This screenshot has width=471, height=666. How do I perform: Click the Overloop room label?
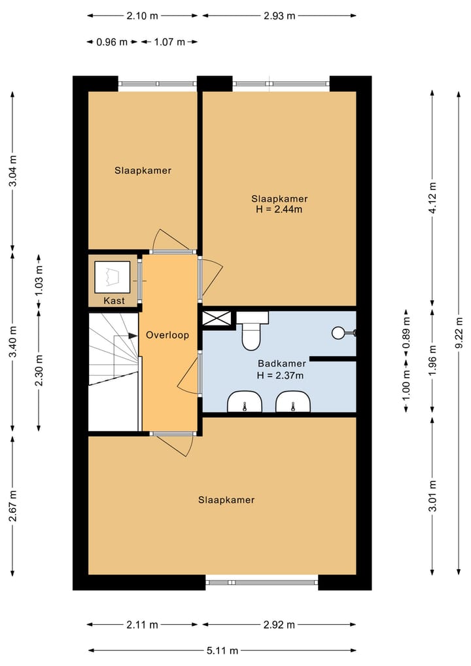[167, 335]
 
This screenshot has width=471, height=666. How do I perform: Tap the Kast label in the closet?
[114, 301]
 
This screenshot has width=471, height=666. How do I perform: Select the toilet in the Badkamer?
[251, 331]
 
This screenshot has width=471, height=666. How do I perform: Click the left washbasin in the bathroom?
[245, 402]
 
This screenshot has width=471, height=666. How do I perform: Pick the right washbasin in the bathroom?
[293, 402]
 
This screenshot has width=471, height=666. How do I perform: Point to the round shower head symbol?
[338, 333]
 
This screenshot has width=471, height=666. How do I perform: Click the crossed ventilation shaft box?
[217, 319]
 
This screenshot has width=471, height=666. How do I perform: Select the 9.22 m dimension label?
[459, 333]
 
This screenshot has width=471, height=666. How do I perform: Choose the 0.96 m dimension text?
[112, 42]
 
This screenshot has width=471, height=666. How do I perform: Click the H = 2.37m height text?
[280, 375]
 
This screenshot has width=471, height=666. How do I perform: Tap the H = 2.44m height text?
[279, 210]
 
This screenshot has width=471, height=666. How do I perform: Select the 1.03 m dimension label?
[39, 281]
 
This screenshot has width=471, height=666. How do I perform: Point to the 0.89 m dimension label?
[406, 333]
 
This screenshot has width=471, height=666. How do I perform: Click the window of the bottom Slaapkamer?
[262, 582]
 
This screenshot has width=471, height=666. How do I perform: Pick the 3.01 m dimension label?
[432, 496]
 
